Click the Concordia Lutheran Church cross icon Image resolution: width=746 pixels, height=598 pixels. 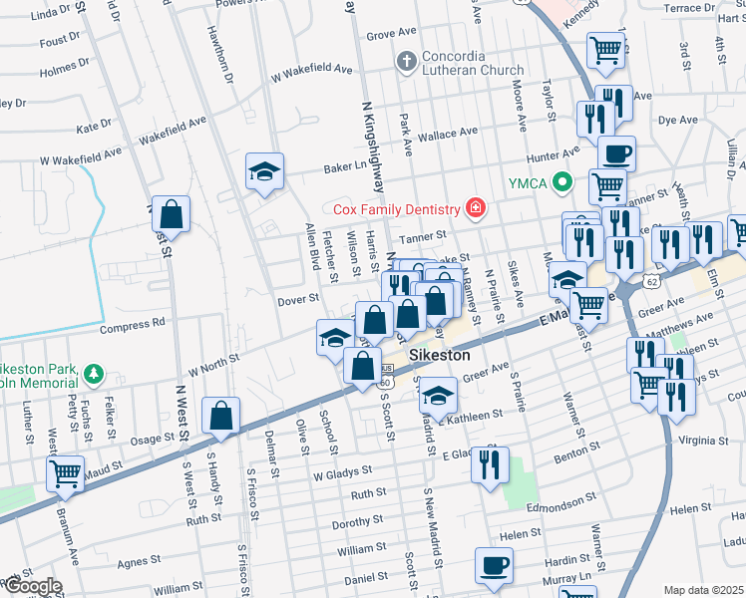(x=406, y=62)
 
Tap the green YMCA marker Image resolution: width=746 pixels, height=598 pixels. (x=562, y=182)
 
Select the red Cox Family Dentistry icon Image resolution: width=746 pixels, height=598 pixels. (x=475, y=208)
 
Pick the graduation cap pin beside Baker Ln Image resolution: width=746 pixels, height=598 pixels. (x=265, y=171)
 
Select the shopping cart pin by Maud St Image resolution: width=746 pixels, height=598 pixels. (x=66, y=474)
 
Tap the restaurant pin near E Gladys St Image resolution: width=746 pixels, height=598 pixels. (x=489, y=465)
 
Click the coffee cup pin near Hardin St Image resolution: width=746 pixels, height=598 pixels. (x=494, y=566)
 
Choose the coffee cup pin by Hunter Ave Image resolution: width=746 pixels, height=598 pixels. (x=615, y=154)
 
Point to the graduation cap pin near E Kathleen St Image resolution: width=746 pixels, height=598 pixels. (x=437, y=396)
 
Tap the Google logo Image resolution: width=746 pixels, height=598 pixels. (x=32, y=586)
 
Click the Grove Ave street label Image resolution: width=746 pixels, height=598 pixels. (x=390, y=35)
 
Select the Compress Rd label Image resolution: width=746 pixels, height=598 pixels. (x=132, y=325)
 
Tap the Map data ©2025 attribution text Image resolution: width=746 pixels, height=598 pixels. (x=703, y=590)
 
